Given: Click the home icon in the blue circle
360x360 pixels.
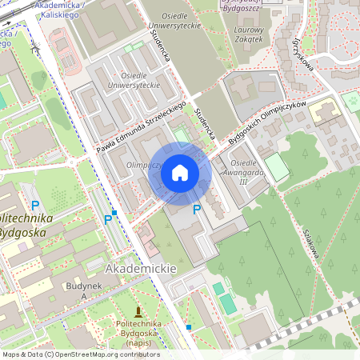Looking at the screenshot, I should [x=180, y=173].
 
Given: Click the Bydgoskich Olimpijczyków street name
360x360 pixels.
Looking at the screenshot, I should [x=268, y=122].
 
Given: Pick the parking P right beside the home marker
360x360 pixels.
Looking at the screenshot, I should [x=197, y=210].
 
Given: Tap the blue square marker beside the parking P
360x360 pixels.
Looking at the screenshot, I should [x=115, y=213].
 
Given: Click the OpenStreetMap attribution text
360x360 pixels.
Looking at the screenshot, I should [x=81, y=354].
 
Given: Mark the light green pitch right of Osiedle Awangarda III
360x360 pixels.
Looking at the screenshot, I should [x=276, y=166].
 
